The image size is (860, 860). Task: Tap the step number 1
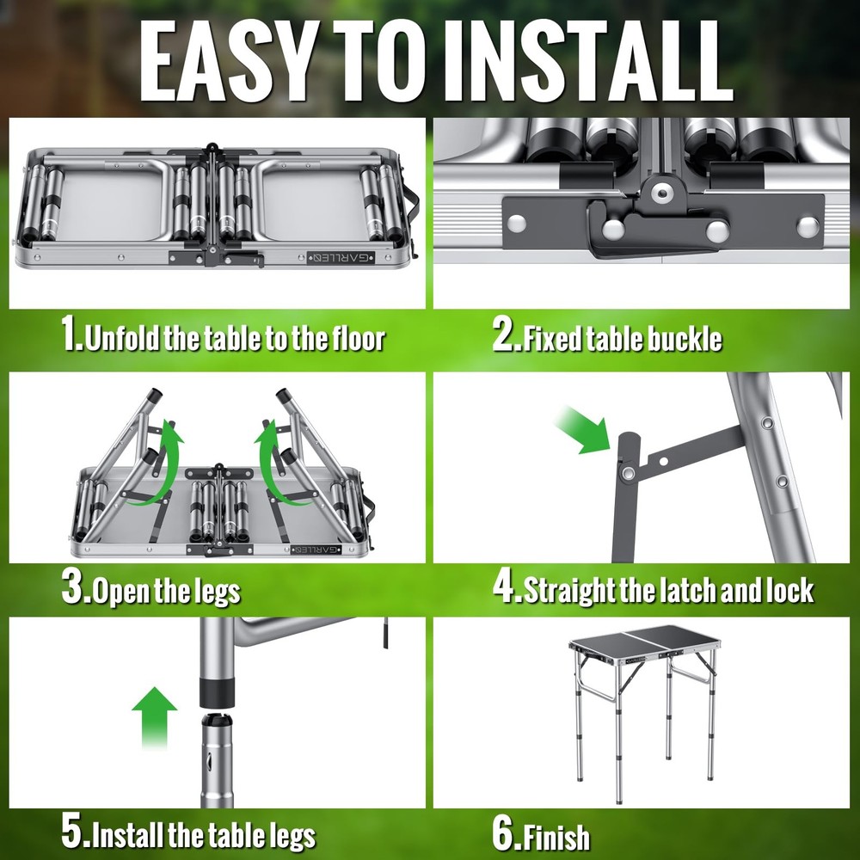(x=71, y=332)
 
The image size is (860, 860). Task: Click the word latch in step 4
(x=690, y=590)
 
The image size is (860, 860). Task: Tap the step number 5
(x=72, y=831)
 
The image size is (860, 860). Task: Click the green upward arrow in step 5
(x=155, y=717)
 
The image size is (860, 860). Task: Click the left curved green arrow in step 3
(x=156, y=466)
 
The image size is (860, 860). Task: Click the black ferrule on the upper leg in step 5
(x=218, y=692)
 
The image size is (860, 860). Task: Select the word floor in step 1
(x=358, y=338)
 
